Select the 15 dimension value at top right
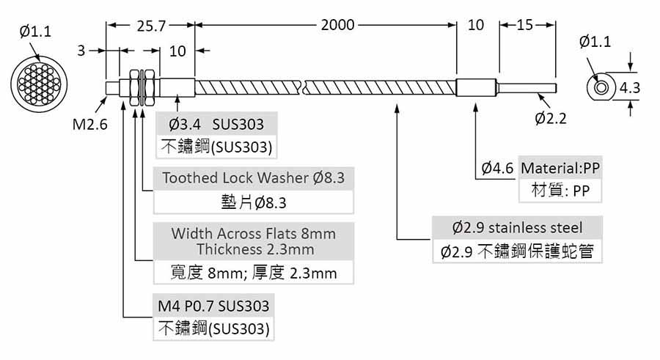524,25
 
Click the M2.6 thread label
89,124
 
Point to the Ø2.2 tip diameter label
551,118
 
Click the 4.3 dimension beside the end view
630,88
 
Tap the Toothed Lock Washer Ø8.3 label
253,177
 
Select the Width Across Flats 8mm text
253,234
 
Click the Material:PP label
560,168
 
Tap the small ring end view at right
601,88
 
